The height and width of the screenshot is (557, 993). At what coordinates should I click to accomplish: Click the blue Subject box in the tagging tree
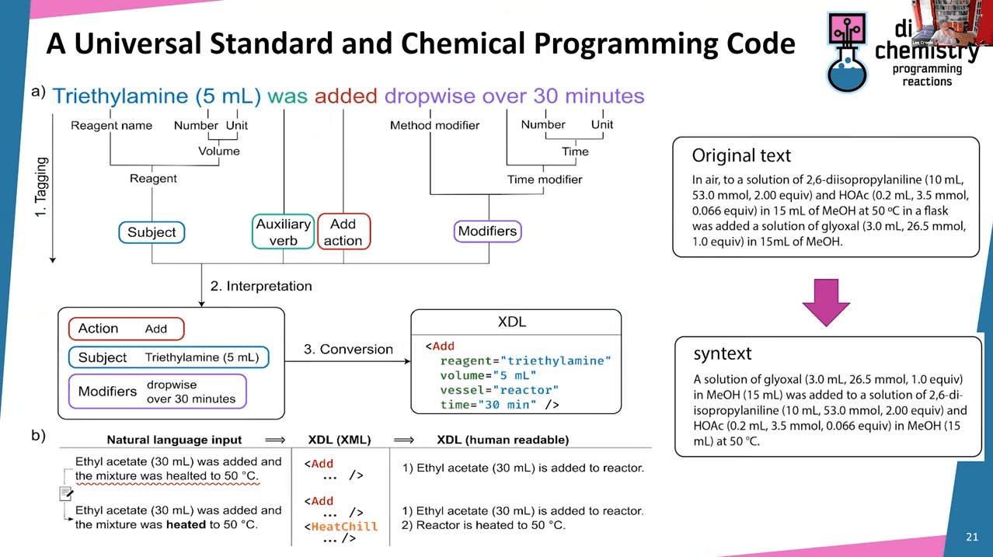(x=152, y=232)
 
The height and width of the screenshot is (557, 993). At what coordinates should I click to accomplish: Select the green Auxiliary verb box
(x=283, y=232)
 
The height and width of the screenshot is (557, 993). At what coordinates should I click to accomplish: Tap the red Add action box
(x=343, y=232)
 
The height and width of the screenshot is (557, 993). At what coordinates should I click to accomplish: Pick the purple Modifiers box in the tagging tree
(x=487, y=231)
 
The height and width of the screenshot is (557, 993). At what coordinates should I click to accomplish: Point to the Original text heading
(x=741, y=155)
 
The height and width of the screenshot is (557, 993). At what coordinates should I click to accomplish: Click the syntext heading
(x=722, y=353)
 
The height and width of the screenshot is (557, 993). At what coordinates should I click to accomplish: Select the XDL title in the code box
(x=515, y=321)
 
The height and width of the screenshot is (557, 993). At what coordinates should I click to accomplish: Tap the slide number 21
(x=972, y=537)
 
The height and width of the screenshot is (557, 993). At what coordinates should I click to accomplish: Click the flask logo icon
(x=848, y=53)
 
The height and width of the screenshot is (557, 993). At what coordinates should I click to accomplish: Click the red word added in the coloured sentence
(x=347, y=96)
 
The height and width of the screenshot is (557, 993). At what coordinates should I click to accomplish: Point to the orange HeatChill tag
(x=343, y=526)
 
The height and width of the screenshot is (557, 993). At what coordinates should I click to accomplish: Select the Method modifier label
(x=434, y=125)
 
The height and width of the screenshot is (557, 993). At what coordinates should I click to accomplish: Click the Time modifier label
(x=545, y=179)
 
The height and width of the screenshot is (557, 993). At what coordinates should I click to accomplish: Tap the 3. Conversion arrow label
(x=348, y=349)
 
